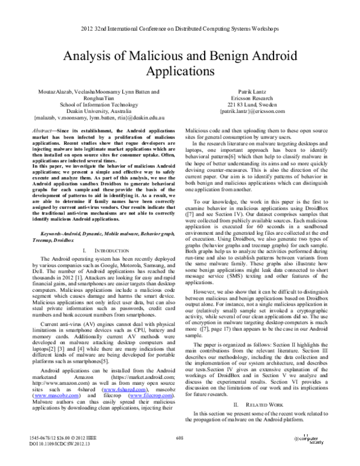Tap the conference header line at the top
pos(180,29)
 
